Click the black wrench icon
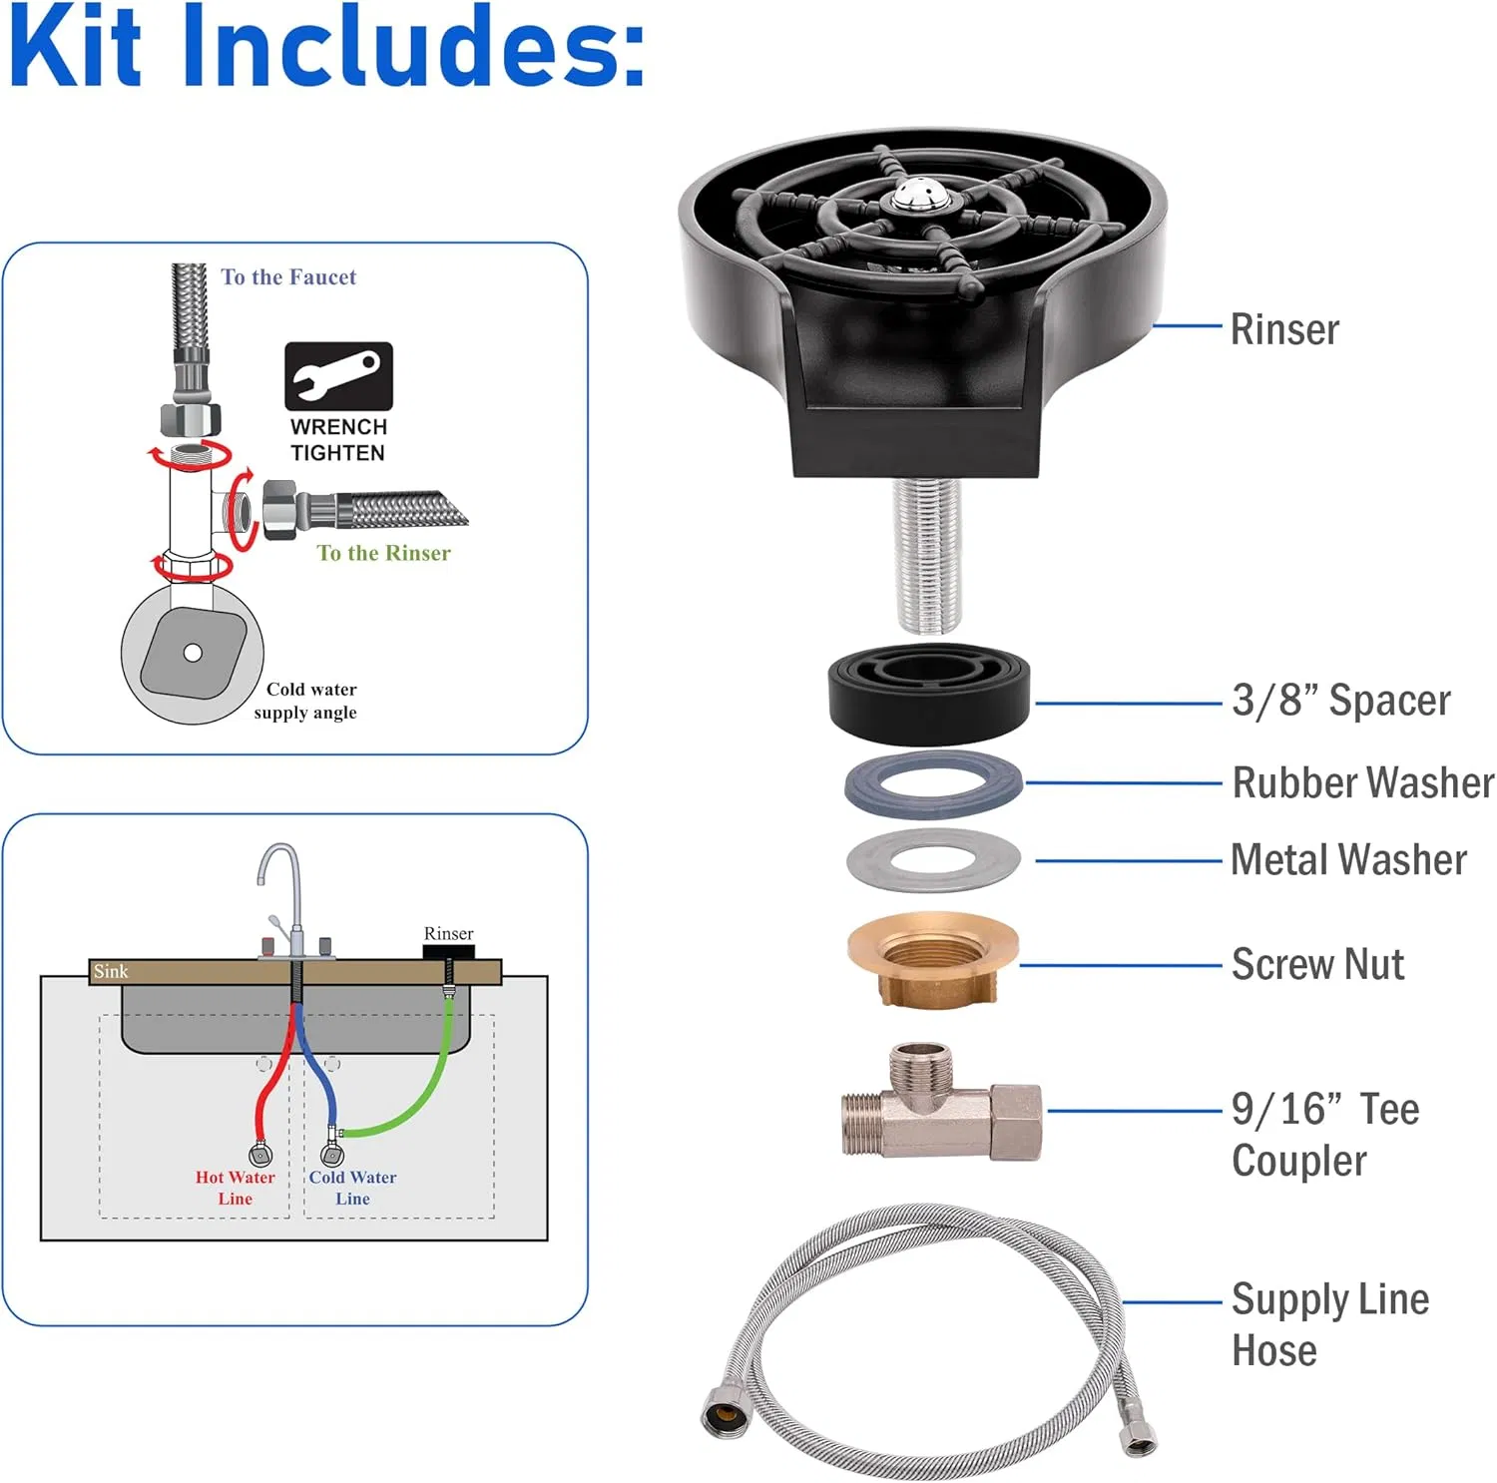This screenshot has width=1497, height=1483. point(338,376)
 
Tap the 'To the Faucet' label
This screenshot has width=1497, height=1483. point(288,277)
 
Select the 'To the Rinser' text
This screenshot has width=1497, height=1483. point(383,553)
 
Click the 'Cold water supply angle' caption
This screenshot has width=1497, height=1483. point(307,701)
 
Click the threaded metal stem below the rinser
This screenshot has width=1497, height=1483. point(927,555)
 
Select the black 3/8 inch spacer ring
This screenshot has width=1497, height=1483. point(930,694)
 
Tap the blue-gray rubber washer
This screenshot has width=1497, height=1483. point(934,785)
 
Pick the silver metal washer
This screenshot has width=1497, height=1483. point(933,860)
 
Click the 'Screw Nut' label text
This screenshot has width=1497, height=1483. point(1317,964)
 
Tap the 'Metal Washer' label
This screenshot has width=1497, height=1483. point(1348,859)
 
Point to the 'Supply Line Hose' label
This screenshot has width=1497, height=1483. point(1329,1324)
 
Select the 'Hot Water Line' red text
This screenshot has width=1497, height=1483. point(236,1188)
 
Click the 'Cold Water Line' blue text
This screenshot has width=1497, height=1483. point(352,1188)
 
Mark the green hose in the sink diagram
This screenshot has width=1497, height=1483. point(416,1098)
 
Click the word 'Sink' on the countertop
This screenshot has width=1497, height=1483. point(111,971)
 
